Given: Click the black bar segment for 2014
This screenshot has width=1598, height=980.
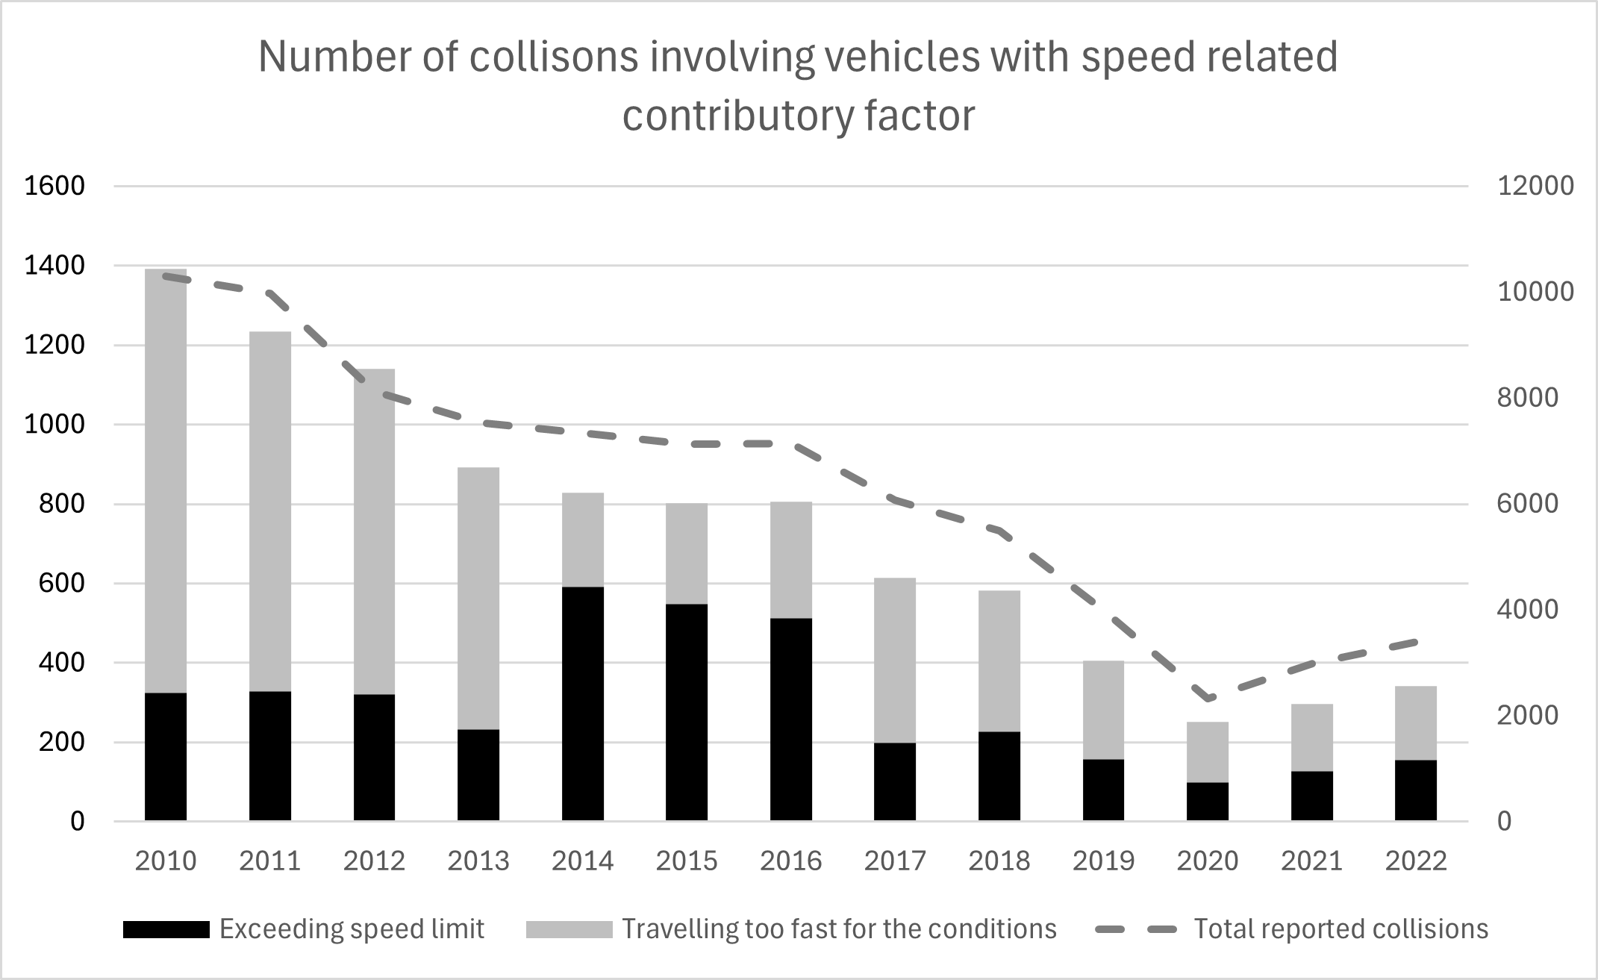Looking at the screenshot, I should pyautogui.click(x=582, y=703).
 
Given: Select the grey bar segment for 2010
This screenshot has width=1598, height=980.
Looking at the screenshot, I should pyautogui.click(x=166, y=481).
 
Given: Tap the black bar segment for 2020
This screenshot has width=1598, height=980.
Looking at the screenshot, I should pyautogui.click(x=1207, y=801).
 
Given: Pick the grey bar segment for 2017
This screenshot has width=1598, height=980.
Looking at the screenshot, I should pyautogui.click(x=894, y=660).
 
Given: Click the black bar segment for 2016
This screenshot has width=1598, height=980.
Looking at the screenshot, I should pyautogui.click(x=790, y=719).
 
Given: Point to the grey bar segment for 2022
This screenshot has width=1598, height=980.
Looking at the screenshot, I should pyautogui.click(x=1415, y=722).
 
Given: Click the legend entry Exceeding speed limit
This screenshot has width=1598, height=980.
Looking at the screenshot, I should pyautogui.click(x=352, y=929).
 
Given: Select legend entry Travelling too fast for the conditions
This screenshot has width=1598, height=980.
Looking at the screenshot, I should pyautogui.click(x=839, y=929).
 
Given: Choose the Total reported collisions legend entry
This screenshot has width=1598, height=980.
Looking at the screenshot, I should pyautogui.click(x=1340, y=929).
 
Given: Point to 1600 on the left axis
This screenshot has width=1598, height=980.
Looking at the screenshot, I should pyautogui.click(x=54, y=186).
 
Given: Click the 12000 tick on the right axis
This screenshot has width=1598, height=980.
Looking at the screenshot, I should pyautogui.click(x=1535, y=186).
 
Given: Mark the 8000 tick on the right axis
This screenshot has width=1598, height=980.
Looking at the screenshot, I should pyautogui.click(x=1528, y=398).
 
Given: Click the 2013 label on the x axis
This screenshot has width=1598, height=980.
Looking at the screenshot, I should pyautogui.click(x=478, y=861).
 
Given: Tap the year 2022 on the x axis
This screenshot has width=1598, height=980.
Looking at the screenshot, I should pyautogui.click(x=1415, y=861).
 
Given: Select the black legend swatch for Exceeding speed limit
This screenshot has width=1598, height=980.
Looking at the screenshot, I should pyautogui.click(x=166, y=929).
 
